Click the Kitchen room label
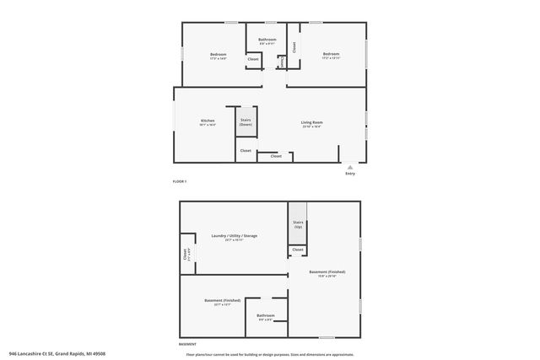coord(208,121)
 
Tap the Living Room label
coord(312,123)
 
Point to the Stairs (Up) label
coord(298,225)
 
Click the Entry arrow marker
coord(350,167)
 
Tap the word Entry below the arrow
coord(350,174)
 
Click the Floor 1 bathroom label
coord(267,40)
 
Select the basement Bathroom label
coord(266,316)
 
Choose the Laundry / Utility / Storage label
coord(234,237)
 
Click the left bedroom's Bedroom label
coord(219,55)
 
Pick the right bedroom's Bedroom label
coord(331,55)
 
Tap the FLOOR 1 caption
coord(180,182)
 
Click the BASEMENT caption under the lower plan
coord(187,344)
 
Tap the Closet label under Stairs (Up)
coord(298,250)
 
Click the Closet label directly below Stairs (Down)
coord(246,151)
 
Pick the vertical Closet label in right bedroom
coord(294,48)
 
